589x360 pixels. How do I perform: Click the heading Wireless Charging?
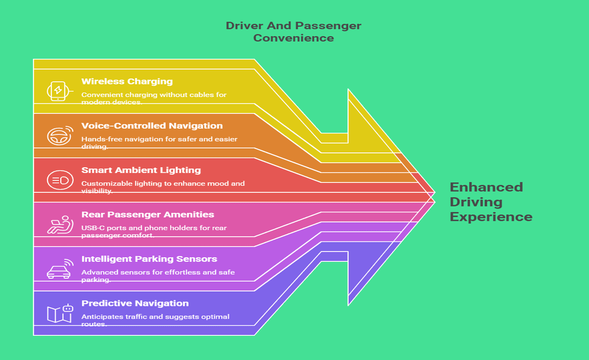(x=127, y=81)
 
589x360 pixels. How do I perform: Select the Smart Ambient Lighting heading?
(x=141, y=170)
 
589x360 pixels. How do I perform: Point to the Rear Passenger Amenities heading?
(x=148, y=215)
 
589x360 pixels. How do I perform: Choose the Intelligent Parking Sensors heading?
(x=149, y=259)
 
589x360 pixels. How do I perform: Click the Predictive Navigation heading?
(x=134, y=303)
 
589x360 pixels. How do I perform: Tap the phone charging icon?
(x=58, y=91)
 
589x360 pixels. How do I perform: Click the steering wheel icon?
(x=58, y=136)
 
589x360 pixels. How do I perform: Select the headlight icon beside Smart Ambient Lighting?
(x=58, y=180)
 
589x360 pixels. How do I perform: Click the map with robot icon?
(x=60, y=313)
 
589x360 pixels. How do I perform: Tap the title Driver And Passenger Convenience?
(x=293, y=32)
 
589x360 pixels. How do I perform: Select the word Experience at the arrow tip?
(x=491, y=217)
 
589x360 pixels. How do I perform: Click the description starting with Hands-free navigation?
(x=159, y=142)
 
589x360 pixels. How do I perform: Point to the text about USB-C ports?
(x=154, y=231)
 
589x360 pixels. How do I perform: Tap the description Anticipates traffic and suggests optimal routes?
(x=155, y=320)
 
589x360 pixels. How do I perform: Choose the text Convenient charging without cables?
(x=153, y=98)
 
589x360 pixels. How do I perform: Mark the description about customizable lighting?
(x=163, y=187)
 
